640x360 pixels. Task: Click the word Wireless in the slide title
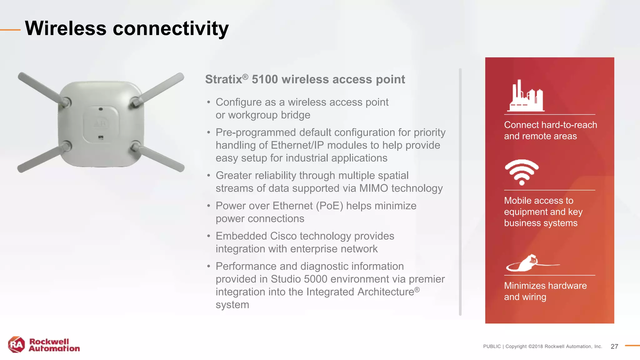point(66,28)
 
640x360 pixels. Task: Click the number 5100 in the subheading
point(265,79)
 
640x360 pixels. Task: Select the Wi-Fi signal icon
point(522,172)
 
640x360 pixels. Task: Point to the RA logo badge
point(16,345)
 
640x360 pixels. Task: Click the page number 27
point(614,347)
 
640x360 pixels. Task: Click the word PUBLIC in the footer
point(492,347)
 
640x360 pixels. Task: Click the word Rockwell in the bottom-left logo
point(49,342)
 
